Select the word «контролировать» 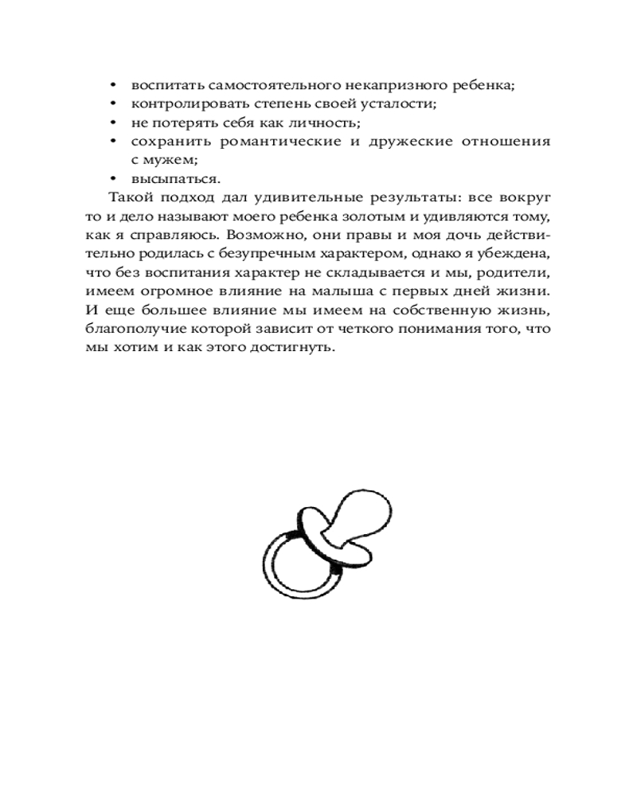click(x=180, y=103)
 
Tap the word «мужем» click(x=170, y=159)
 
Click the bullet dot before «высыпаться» click(x=113, y=179)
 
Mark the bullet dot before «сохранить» click(x=113, y=142)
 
